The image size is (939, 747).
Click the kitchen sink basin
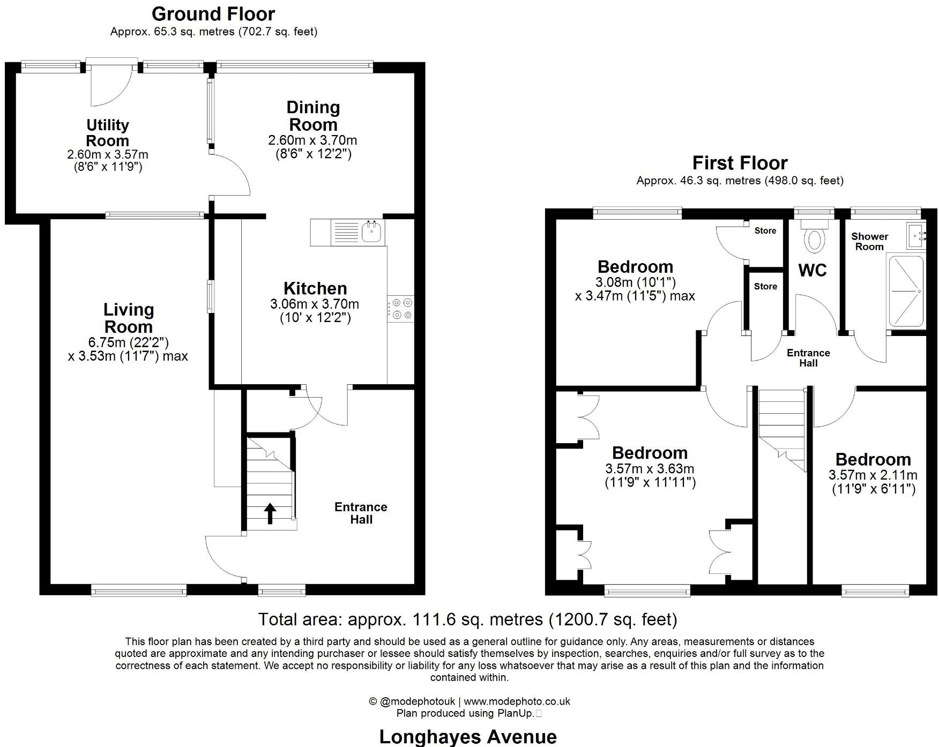[371, 232]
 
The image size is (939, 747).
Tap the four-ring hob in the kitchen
[400, 309]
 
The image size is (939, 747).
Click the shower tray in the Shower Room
[906, 291]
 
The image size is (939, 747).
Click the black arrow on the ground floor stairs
[270, 513]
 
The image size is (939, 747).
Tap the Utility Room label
[108, 133]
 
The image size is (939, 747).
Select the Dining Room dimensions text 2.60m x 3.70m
[312, 140]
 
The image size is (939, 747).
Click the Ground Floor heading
[213, 14]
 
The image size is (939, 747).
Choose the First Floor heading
[740, 163]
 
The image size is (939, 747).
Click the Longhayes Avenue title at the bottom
[468, 737]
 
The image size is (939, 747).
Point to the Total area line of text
[468, 619]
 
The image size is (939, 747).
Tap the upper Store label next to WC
[765, 230]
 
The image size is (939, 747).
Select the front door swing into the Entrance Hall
[224, 557]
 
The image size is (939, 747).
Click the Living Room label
[128, 318]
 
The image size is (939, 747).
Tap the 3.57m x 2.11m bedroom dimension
[873, 475]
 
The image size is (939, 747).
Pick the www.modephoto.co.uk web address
[517, 701]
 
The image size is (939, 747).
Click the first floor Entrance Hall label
[808, 357]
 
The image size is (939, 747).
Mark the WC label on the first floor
[813, 271]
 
